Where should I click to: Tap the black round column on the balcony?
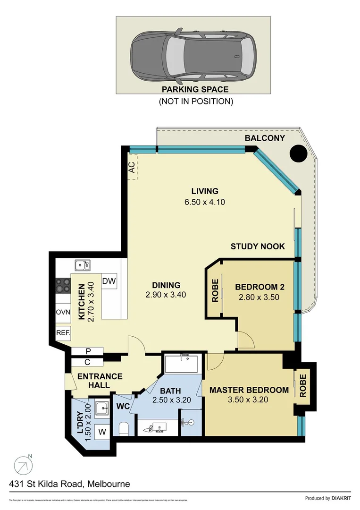click(x=298, y=153)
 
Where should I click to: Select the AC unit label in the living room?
click(x=132, y=167)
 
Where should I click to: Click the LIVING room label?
click(x=205, y=191)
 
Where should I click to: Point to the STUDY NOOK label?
click(x=258, y=246)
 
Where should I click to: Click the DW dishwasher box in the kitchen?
click(x=109, y=281)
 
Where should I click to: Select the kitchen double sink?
click(x=82, y=266)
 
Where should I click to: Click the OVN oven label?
click(x=63, y=312)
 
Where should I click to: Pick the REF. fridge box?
click(x=63, y=332)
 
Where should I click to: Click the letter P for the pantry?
click(x=87, y=351)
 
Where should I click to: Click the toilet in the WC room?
click(x=123, y=429)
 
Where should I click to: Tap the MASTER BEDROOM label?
click(x=249, y=390)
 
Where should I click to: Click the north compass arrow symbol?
click(x=23, y=466)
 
